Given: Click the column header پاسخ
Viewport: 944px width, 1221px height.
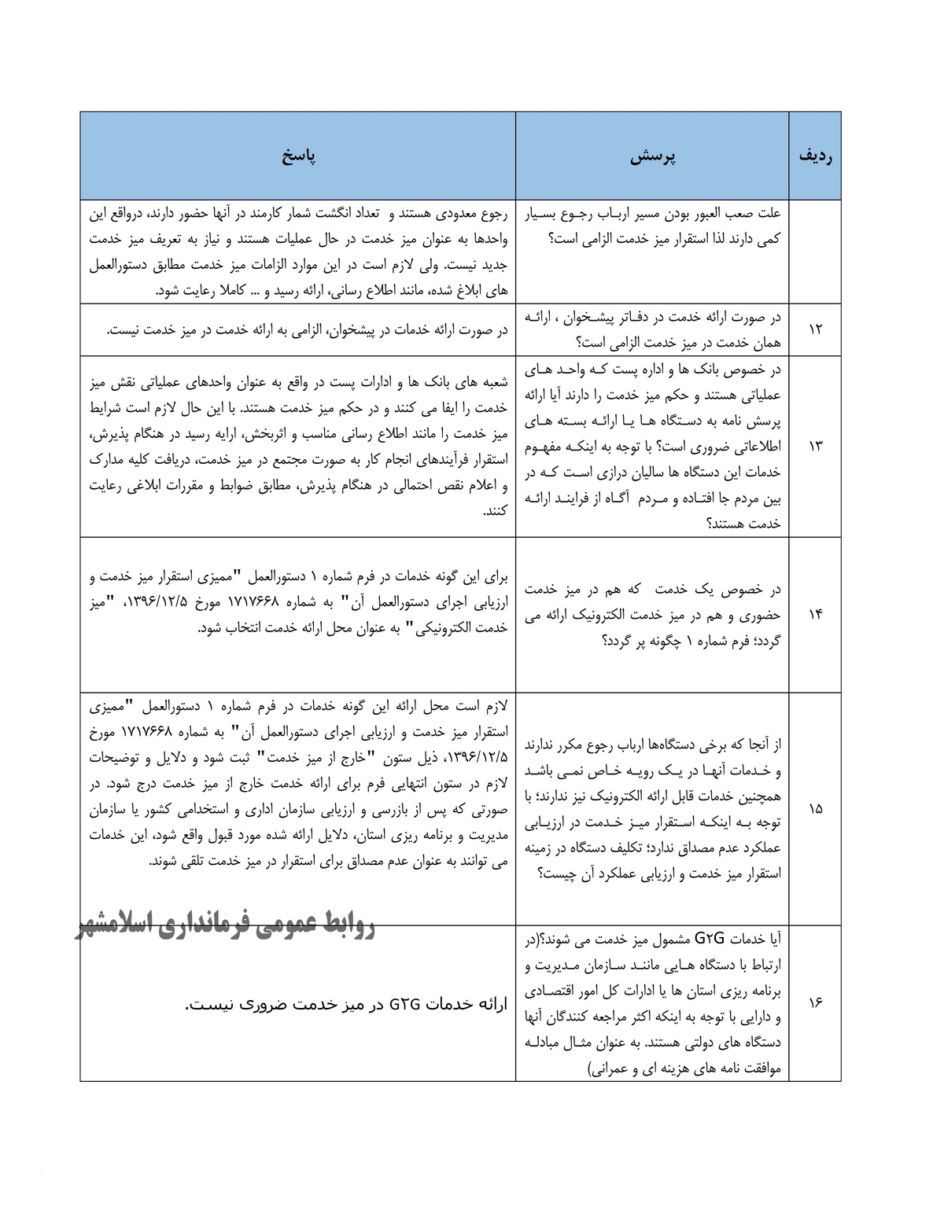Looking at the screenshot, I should pos(298,156).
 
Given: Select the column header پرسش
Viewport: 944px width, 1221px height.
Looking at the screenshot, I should pos(652,156).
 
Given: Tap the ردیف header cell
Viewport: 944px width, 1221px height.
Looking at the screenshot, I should pos(815,156).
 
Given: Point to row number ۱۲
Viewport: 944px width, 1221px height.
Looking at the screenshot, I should pos(815,329).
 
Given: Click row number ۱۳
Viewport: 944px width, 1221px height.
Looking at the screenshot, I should pos(815,446).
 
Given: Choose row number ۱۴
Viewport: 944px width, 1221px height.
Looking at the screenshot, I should pos(815,614).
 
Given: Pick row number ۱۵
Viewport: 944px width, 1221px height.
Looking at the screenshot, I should pos(815,808).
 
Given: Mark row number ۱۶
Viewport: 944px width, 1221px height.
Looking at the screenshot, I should pos(815,1002).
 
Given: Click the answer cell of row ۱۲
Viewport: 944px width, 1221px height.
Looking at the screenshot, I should pos(298,329).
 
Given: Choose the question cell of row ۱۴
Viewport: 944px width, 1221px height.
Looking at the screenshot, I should pos(652,614).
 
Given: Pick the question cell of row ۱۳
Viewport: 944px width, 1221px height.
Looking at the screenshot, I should pos(652,446).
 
